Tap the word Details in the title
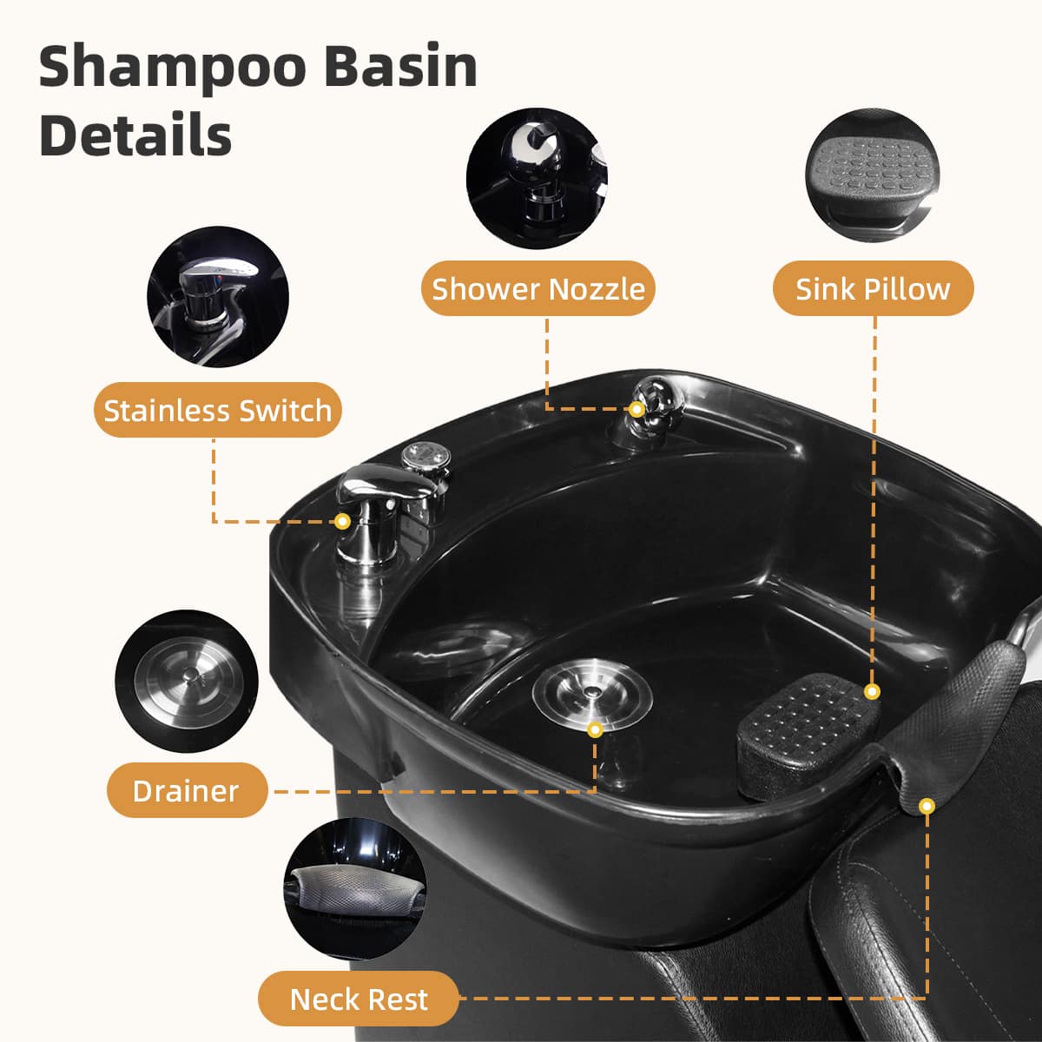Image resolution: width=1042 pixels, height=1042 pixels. click(x=135, y=135)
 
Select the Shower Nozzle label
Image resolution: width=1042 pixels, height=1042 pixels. click(x=538, y=289)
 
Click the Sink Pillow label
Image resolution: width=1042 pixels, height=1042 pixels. click(x=873, y=289)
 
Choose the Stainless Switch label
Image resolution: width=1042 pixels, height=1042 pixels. click(x=217, y=410)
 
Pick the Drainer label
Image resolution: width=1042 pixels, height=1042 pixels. click(x=187, y=791)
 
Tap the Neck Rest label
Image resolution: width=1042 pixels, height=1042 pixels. click(x=359, y=999)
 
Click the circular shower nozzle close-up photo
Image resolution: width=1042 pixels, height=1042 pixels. click(x=537, y=179)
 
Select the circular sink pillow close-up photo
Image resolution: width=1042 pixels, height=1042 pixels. click(x=872, y=175)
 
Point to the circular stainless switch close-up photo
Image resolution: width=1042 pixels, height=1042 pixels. click(x=218, y=296)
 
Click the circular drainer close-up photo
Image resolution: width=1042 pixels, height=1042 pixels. click(x=187, y=682)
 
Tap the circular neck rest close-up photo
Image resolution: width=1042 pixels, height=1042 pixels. click(x=355, y=889)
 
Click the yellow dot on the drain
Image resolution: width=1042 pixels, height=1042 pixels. click(x=595, y=730)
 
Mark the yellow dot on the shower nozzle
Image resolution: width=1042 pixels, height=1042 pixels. click(x=637, y=409)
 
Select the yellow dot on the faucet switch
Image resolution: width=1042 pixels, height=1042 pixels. click(x=342, y=521)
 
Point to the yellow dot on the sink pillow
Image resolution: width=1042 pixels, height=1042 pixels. click(x=872, y=691)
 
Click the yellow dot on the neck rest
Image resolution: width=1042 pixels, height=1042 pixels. click(x=927, y=807)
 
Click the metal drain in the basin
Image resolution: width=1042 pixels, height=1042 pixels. click(x=592, y=694)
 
